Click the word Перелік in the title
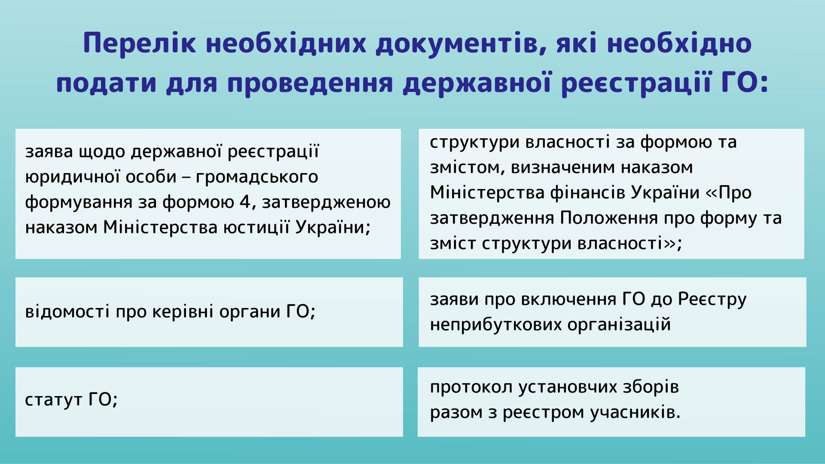coord(140,43)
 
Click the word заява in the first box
coord(49,152)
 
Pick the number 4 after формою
coord(245,201)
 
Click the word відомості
coord(67,311)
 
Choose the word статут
coord(54,400)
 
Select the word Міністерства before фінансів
coord(487,192)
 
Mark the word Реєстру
coord(712,299)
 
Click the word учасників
coord(635,412)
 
